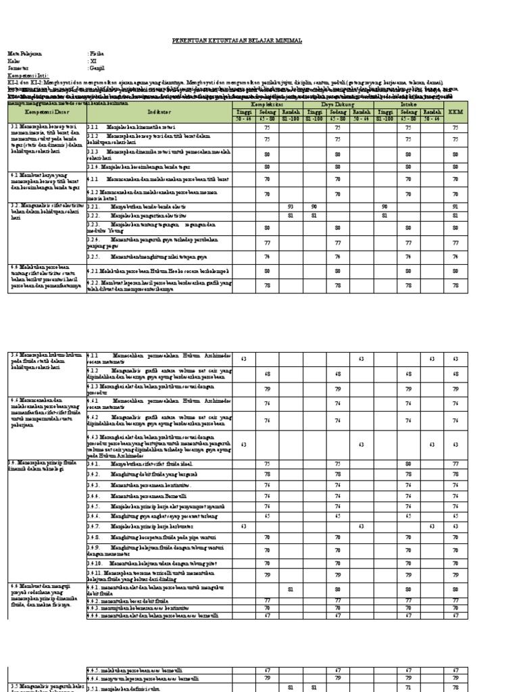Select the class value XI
point(92,61)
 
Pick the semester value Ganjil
point(97,68)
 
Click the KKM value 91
point(455,205)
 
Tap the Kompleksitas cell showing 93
point(290,205)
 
